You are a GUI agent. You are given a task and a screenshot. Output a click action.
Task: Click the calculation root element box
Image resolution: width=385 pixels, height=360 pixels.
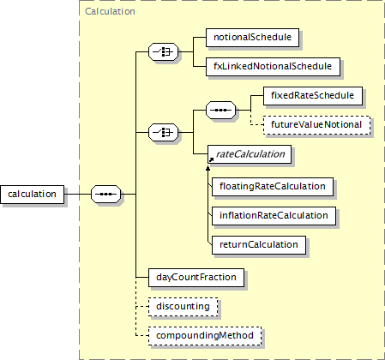(32, 195)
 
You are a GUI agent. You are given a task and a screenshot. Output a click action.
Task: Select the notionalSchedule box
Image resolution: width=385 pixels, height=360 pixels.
(252, 38)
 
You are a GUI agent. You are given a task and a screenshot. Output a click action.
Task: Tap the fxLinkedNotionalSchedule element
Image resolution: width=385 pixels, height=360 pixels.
(273, 67)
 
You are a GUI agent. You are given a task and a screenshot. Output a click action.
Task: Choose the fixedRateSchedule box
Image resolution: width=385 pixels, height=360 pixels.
(313, 96)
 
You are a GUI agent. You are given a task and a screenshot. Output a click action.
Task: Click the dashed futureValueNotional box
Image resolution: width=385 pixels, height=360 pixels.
(316, 125)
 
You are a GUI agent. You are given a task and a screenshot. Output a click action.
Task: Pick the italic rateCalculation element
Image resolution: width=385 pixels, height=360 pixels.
(250, 154)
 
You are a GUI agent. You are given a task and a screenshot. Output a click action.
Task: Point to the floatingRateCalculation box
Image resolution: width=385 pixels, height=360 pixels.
(273, 187)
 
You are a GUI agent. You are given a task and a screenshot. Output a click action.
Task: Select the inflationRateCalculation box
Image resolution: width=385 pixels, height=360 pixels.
(274, 216)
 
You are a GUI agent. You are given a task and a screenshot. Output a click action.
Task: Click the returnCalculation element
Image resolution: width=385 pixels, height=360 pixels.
(259, 245)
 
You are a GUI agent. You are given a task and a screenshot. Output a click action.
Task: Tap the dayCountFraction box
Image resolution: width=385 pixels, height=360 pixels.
(196, 278)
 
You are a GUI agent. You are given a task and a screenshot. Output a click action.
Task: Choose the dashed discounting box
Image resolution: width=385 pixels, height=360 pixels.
(183, 307)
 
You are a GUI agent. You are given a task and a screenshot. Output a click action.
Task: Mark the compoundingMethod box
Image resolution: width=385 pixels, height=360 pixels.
(205, 336)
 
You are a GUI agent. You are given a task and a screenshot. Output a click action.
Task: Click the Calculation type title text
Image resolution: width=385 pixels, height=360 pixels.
(110, 11)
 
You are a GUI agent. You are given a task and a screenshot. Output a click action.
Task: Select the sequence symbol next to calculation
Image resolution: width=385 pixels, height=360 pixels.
(105, 195)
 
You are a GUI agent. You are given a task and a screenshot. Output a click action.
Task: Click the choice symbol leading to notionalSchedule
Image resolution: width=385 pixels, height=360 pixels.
(163, 52)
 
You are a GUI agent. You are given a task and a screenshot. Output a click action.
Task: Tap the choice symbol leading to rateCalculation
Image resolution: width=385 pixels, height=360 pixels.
(163, 133)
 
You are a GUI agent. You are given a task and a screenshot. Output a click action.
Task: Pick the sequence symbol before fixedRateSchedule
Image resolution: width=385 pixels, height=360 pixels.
(220, 111)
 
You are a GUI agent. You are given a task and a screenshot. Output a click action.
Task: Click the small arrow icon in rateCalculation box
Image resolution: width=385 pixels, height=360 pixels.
(211, 159)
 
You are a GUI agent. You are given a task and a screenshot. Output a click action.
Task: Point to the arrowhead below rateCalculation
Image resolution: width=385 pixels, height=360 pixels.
(208, 169)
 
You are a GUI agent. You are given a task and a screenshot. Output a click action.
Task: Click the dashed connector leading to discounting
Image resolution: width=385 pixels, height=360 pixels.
(142, 307)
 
